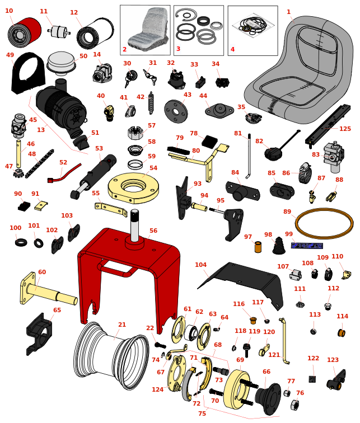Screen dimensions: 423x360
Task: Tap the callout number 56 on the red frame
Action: pyautogui.click(x=153, y=231)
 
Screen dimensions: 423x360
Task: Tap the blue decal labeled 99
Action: pyautogui.click(x=306, y=245)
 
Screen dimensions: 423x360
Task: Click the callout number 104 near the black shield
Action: pyautogui.click(x=200, y=265)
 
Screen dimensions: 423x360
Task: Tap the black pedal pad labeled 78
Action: pyautogui.click(x=210, y=143)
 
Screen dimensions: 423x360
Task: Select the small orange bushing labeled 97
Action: pyautogui.click(x=258, y=247)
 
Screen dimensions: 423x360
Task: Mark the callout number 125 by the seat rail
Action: pyautogui.click(x=345, y=129)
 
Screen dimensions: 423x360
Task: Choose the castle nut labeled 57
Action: pyautogui.click(x=137, y=133)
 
